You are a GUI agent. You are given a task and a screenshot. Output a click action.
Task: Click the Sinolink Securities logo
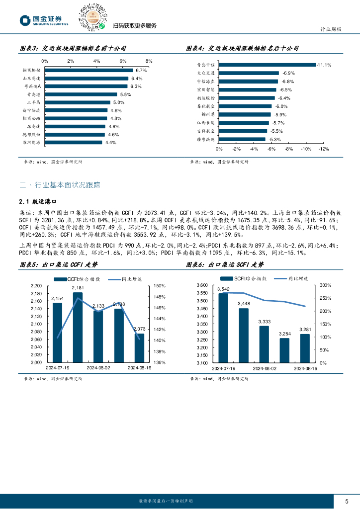(x=44, y=20)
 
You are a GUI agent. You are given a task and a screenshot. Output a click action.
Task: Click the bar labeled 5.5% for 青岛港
(x=81, y=94)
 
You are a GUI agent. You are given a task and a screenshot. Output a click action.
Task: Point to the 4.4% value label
(x=110, y=143)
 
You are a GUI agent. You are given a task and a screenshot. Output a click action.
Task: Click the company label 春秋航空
(x=205, y=106)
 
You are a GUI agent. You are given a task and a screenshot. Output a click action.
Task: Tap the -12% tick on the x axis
(x=324, y=149)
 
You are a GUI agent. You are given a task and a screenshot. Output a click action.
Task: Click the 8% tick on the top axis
(x=149, y=61)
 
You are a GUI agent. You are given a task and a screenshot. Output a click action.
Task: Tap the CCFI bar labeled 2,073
(x=140, y=348)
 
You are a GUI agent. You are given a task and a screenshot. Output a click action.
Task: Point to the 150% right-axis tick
(x=160, y=286)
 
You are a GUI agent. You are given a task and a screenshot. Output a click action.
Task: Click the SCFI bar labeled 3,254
(x=284, y=350)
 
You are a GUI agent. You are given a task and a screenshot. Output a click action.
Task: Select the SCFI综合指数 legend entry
(x=247, y=279)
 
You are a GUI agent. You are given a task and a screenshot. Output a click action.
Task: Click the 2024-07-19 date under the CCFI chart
(x=57, y=368)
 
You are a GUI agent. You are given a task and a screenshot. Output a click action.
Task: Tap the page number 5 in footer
(x=347, y=501)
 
